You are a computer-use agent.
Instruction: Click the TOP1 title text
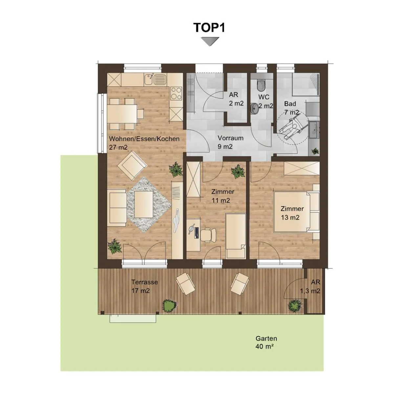209,27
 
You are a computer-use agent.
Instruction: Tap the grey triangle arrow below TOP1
210,41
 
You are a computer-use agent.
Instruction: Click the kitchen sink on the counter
155,79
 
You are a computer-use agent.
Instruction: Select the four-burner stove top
176,93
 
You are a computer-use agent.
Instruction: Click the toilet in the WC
261,85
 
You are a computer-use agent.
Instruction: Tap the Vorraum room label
230,138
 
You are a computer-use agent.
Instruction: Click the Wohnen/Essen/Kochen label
144,139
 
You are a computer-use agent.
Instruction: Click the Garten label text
266,339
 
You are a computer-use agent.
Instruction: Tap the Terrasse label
144,282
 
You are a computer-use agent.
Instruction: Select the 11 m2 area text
221,200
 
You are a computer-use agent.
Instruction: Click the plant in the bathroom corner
315,151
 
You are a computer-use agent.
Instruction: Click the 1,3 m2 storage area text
310,291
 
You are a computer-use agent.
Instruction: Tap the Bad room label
290,104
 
